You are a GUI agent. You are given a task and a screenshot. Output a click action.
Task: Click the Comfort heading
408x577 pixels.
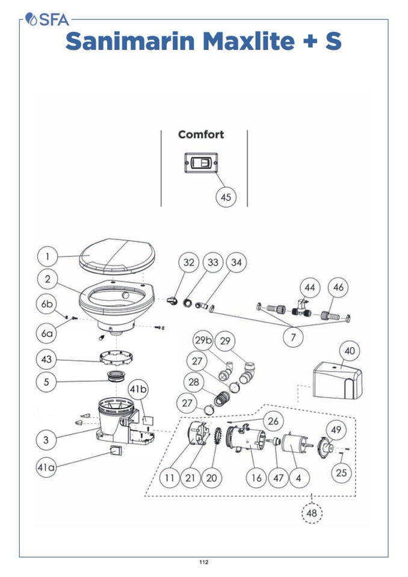(x=200, y=134)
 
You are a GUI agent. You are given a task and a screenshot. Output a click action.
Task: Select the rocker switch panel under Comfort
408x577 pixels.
(x=200, y=162)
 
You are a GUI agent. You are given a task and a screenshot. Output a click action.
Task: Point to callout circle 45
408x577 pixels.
(x=226, y=197)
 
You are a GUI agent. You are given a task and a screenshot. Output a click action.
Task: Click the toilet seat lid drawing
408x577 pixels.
(x=118, y=255)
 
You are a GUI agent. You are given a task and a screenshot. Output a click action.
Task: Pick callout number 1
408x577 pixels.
(x=48, y=257)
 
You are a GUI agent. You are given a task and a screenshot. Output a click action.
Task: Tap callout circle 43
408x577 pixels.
(x=48, y=360)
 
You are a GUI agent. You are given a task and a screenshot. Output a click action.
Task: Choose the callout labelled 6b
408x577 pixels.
(x=48, y=304)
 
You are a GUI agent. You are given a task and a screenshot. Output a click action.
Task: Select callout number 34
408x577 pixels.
(x=236, y=263)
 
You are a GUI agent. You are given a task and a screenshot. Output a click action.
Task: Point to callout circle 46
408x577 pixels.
(x=338, y=288)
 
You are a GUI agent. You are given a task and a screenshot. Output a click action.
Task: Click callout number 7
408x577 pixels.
(x=293, y=337)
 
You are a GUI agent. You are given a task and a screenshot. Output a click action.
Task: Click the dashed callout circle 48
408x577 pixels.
(x=312, y=513)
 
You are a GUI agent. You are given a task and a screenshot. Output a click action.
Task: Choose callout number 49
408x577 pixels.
(x=336, y=429)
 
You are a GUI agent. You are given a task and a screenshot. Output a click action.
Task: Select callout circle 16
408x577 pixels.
(x=256, y=478)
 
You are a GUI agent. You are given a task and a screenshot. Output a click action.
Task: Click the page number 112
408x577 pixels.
(x=203, y=563)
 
